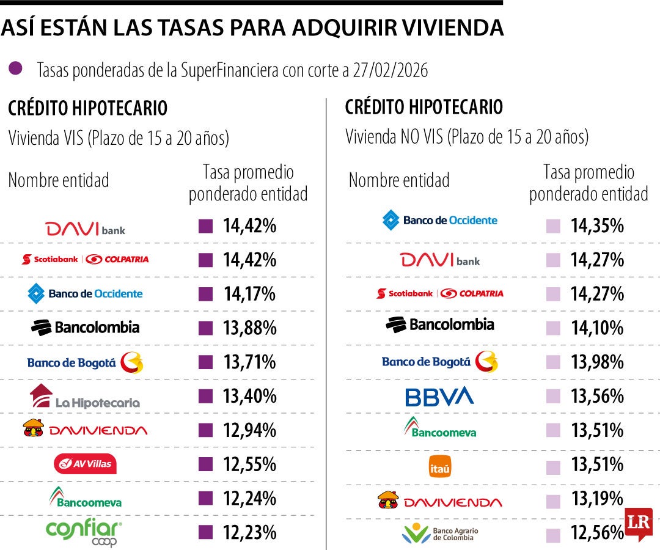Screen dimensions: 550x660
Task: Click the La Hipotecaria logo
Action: coord(85,397)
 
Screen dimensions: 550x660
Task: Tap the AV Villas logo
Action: coord(85,464)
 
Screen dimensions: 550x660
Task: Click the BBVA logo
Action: coord(439,397)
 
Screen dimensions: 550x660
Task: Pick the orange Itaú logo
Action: coord(439,469)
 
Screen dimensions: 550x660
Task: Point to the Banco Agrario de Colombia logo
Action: coord(439,533)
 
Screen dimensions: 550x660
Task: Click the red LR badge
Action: coord(638,524)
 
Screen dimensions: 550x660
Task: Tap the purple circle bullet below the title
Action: coord(16,68)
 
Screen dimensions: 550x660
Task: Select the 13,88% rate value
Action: coord(249,328)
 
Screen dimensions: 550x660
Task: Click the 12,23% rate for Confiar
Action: coord(249,533)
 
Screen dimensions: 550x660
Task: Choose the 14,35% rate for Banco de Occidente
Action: coord(597,226)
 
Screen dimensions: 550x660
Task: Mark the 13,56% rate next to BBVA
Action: coord(597,397)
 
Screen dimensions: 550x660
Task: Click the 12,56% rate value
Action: coord(597,533)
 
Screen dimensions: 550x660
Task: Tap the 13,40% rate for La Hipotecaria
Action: coord(249,397)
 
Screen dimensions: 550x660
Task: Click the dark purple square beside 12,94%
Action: coord(206,431)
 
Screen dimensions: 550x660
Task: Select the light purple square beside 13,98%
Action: coord(553,363)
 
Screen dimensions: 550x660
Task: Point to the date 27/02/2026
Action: coord(391,71)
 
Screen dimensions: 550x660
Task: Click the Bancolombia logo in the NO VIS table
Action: coord(439,324)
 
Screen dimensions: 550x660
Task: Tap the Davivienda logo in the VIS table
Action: coord(85,430)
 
